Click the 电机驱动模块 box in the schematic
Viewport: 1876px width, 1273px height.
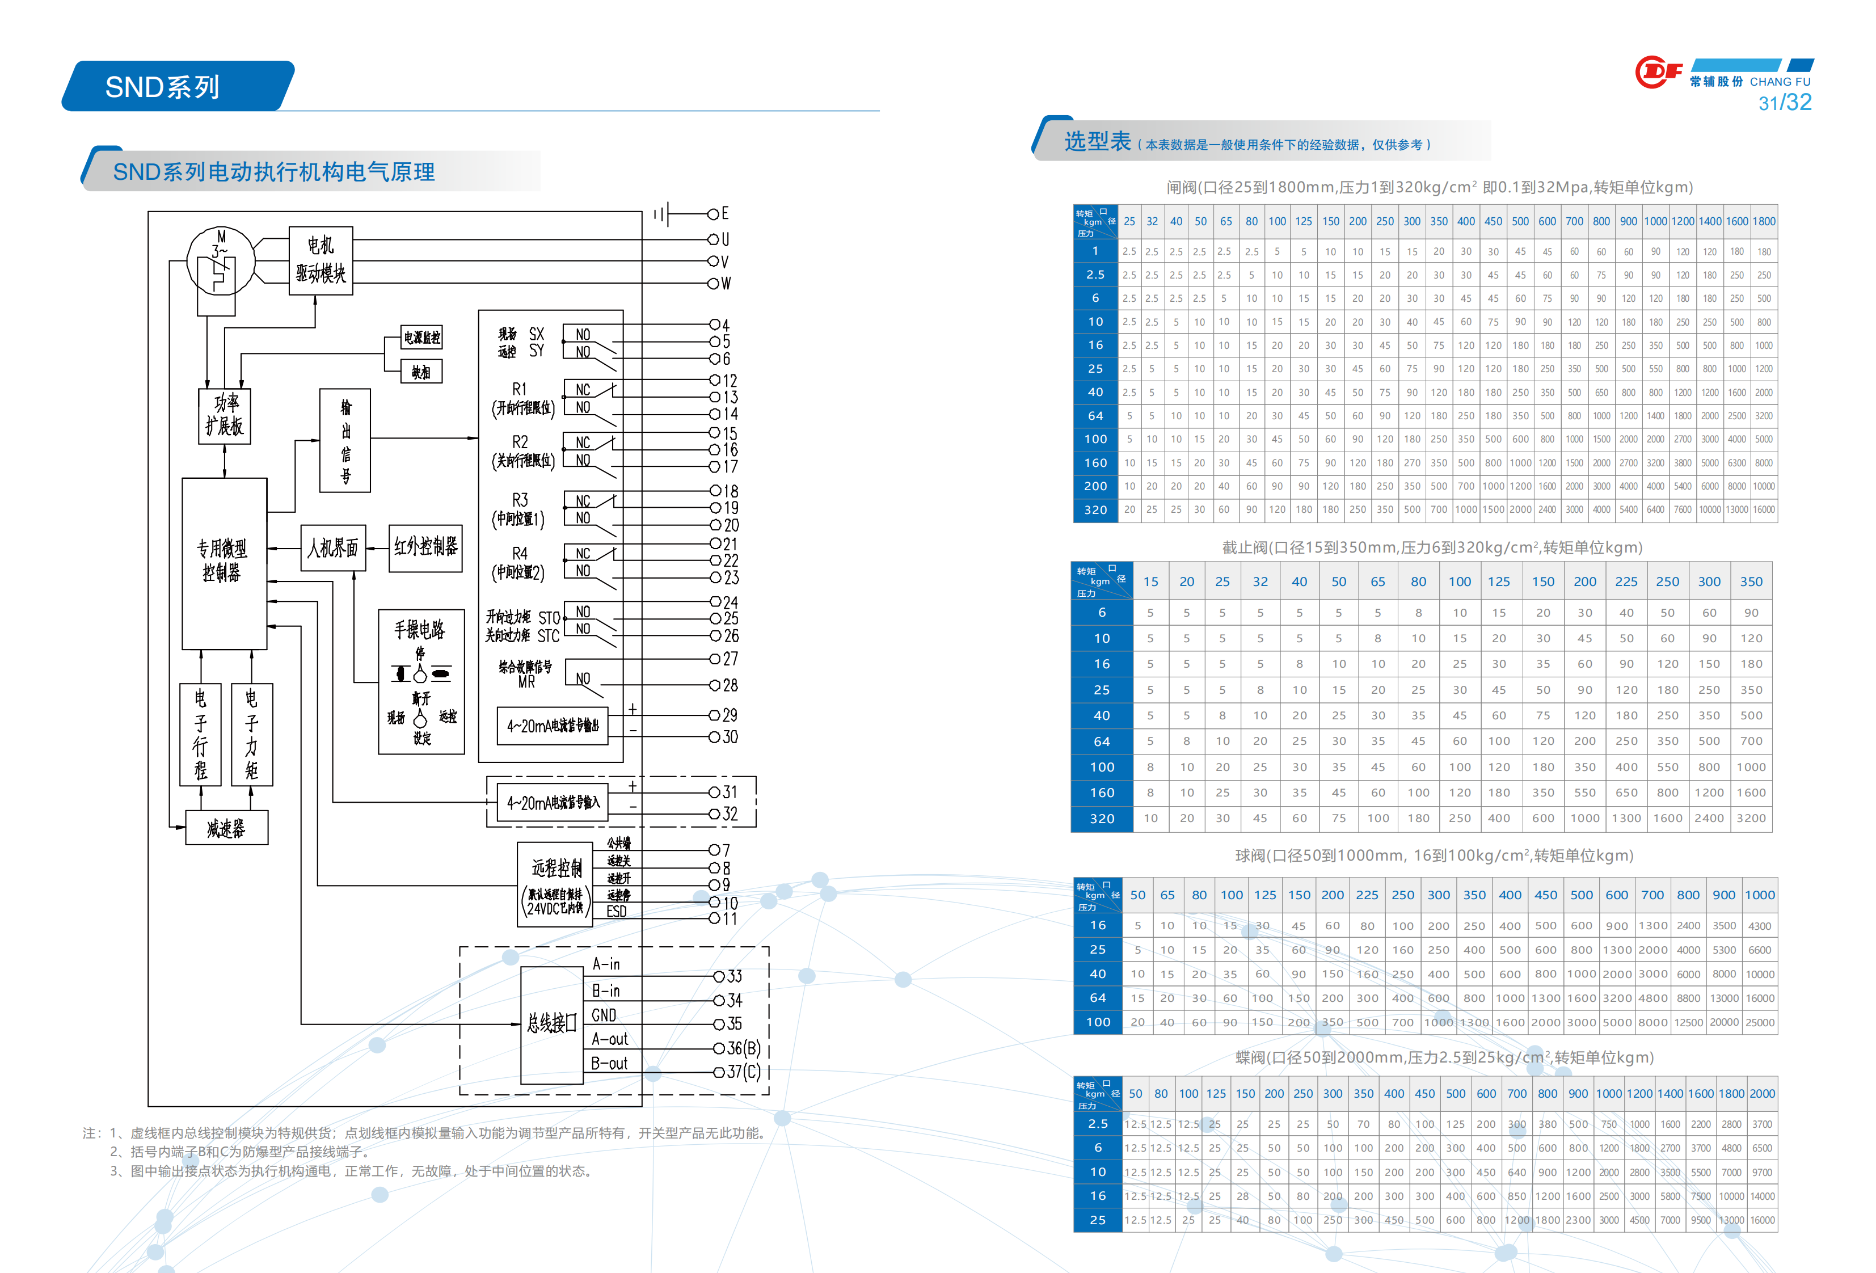point(321,260)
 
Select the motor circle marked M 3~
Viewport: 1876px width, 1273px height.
point(220,260)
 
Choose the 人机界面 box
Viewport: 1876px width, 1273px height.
point(332,548)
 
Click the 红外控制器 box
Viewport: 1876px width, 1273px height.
point(425,547)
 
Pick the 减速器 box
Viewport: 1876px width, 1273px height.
point(226,828)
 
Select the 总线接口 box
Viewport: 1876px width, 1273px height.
point(551,1023)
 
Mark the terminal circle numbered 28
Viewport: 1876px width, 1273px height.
point(714,685)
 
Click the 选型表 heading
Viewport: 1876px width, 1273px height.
point(1097,142)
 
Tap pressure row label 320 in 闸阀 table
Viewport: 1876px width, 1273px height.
point(1095,510)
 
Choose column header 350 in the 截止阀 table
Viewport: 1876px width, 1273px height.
point(1751,581)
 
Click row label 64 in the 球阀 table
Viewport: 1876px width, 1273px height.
point(1097,998)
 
